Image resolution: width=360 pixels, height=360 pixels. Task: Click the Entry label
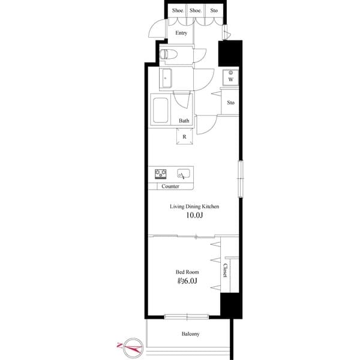point(181,33)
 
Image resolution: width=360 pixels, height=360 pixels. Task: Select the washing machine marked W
point(230,78)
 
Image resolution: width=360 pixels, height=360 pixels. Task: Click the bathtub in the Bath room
point(161,110)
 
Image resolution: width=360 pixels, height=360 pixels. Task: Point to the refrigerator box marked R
point(184,136)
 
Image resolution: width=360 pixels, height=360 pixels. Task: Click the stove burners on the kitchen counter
point(161,174)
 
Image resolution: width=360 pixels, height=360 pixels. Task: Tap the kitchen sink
point(183,174)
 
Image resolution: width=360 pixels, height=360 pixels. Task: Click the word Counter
point(170,187)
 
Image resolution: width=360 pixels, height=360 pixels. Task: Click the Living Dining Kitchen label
point(193,206)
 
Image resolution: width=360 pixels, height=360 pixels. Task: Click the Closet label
point(226,271)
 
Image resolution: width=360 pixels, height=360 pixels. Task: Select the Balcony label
point(190,334)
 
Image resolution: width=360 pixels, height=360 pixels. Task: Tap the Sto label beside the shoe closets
point(214,10)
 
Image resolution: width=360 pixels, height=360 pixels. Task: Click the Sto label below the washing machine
point(230,103)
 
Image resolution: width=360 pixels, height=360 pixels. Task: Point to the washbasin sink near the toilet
point(166,77)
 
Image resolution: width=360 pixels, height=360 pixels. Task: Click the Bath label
point(184,121)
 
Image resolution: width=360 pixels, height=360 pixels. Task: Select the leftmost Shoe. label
point(178,10)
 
